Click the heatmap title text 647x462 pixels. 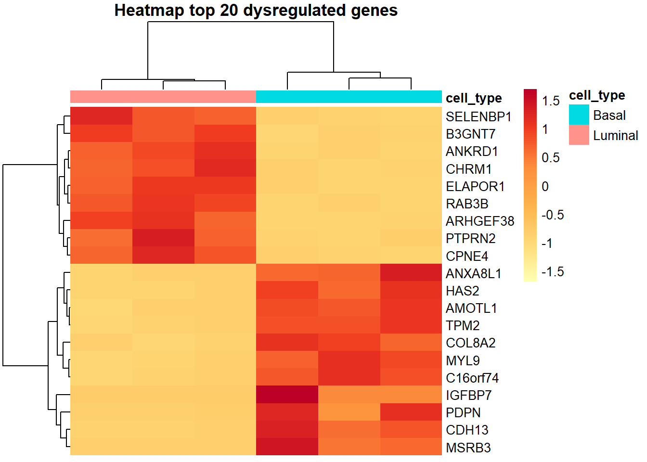[256, 11]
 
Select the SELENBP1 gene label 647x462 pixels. [478, 117]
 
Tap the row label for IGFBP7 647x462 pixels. [468, 396]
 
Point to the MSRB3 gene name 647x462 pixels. [468, 448]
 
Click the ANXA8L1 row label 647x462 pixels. [473, 274]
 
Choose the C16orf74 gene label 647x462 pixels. [472, 378]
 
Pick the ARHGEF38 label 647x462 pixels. [479, 221]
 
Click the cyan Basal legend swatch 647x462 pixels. [579, 115]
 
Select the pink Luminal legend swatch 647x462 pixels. [579, 135]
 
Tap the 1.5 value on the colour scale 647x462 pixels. [550, 101]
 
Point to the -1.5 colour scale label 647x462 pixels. [552, 272]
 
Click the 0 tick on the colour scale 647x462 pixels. [545, 187]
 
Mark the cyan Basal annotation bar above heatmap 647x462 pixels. [349, 97]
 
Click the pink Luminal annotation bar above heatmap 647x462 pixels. [163, 97]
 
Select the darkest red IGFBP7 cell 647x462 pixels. [287, 395]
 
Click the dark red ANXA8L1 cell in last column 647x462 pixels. [411, 272]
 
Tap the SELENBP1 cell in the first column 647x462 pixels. [101, 116]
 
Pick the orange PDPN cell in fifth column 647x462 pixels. [349, 412]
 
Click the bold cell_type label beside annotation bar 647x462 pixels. [474, 98]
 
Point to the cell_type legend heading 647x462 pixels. [596, 95]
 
